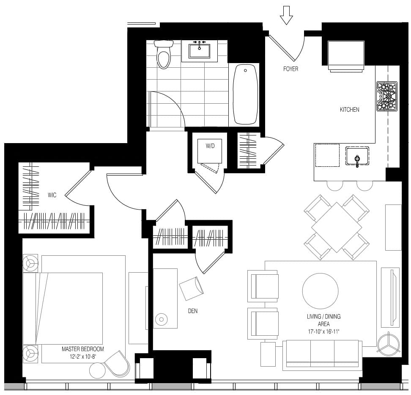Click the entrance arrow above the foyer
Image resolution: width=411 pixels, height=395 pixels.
[286, 15]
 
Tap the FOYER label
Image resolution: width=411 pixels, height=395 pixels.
[290, 69]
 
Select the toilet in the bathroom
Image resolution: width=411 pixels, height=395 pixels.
[164, 54]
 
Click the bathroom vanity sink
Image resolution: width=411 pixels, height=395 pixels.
[200, 51]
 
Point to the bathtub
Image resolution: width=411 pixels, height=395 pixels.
[245, 94]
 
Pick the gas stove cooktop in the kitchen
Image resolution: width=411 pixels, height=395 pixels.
[387, 97]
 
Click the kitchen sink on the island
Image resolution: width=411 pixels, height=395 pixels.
[357, 156]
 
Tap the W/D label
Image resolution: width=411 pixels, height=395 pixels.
[210, 146]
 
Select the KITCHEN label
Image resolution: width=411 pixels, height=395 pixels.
[349, 110]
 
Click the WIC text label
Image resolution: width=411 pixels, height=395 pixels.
[52, 195]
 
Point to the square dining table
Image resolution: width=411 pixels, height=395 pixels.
[337, 227]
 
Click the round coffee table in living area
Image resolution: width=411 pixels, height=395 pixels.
[321, 291]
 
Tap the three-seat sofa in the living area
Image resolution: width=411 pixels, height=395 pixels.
[322, 354]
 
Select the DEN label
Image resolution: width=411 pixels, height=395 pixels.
[193, 311]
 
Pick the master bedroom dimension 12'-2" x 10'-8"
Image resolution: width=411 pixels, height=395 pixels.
[83, 356]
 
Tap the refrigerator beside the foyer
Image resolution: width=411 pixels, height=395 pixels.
[346, 56]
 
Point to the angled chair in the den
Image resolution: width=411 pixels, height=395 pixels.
[192, 288]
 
